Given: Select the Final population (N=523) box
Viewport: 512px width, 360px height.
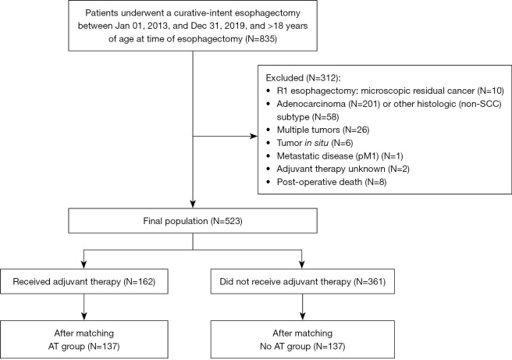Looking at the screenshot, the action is tap(193, 221).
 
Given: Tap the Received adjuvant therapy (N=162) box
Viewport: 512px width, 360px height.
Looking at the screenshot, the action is tap(84, 282).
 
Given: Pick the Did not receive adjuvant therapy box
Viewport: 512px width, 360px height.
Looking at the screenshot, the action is tap(303, 282).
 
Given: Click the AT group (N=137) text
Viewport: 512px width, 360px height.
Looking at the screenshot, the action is tap(84, 346).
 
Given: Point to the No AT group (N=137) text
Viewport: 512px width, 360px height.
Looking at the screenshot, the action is tap(302, 346).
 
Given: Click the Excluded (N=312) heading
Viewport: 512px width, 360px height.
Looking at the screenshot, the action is tap(304, 78).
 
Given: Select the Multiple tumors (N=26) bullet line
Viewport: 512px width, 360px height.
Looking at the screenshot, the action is tap(323, 130).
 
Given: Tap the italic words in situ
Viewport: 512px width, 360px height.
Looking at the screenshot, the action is tap(316, 143).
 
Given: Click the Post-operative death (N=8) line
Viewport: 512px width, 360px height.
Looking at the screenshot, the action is tap(332, 182).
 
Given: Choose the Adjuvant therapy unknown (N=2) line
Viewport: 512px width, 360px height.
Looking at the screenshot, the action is tap(343, 169).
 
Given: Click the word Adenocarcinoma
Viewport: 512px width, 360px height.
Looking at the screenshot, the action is tap(311, 104).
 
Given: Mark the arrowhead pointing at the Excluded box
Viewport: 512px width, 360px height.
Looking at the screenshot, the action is tap(254, 136).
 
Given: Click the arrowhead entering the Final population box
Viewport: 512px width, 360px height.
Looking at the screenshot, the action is tap(193, 204).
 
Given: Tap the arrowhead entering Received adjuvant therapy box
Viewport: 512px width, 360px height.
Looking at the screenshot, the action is tap(84, 265).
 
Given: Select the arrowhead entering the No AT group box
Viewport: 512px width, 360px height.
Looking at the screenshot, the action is tap(302, 316).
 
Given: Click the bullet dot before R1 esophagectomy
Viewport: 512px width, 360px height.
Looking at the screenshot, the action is tap(268, 91).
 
